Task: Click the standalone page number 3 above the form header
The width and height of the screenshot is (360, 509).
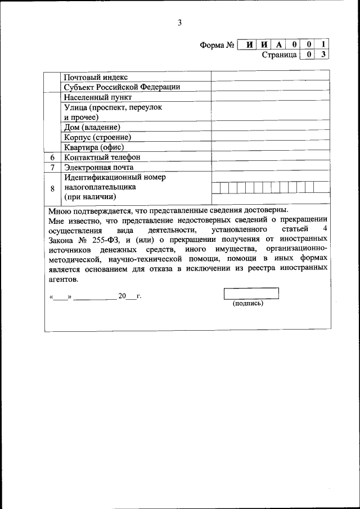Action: click(x=179, y=23)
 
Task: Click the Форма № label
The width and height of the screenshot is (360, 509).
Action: click(x=217, y=45)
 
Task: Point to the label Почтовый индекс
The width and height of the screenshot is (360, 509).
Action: click(x=96, y=77)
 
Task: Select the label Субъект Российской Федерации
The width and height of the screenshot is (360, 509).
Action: click(x=121, y=87)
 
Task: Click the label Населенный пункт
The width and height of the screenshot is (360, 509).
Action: click(x=98, y=97)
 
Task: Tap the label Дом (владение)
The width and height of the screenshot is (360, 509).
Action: click(x=92, y=127)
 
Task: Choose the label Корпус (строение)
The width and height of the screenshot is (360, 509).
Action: click(x=97, y=137)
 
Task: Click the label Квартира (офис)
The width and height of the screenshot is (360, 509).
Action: click(x=93, y=147)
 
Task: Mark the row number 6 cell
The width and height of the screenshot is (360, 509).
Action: click(x=52, y=157)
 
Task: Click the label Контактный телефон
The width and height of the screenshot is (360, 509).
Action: click(x=102, y=157)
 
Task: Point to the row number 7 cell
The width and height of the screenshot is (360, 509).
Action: click(x=52, y=168)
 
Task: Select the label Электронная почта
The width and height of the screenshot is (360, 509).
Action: click(x=98, y=168)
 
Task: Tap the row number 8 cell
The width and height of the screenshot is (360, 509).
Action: click(x=52, y=188)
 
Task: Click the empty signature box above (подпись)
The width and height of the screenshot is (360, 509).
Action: click(x=251, y=293)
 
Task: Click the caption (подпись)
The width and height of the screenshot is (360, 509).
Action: click(x=247, y=303)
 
